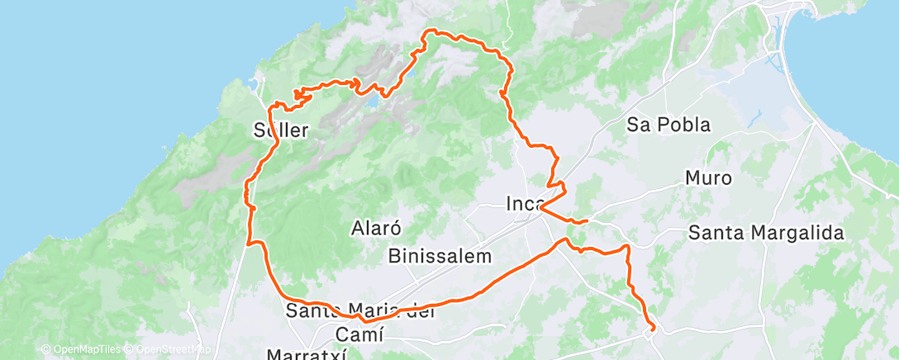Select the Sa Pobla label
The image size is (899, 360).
669,126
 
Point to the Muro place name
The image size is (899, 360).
708,178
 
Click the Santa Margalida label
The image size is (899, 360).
766,233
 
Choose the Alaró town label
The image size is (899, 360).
376,227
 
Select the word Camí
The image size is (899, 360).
360,334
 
